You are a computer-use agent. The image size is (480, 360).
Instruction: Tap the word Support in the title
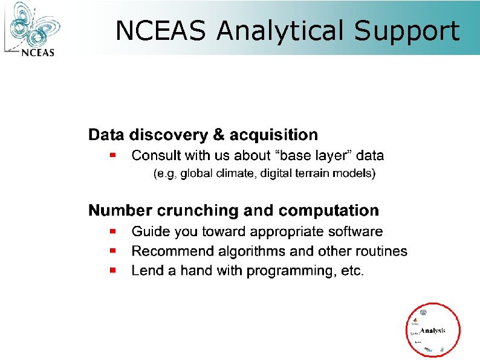point(406,30)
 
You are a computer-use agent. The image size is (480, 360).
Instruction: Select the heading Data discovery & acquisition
point(203,134)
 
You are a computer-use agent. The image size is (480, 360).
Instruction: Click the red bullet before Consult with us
point(112,155)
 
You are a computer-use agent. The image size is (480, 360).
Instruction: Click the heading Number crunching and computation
point(233,210)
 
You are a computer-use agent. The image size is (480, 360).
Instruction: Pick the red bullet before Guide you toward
point(112,231)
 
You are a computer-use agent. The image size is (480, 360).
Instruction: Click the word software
point(356,231)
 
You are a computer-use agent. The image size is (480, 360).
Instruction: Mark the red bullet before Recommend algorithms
point(112,251)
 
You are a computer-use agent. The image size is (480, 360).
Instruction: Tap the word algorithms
point(236,251)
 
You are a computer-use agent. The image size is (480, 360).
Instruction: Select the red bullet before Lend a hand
point(112,271)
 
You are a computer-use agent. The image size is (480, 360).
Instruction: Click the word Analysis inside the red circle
point(433,330)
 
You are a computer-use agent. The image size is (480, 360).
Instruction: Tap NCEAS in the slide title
point(162,30)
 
